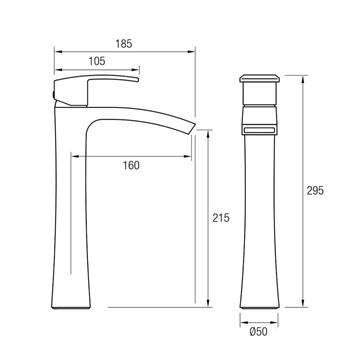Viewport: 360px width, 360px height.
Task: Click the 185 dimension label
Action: pos(124,44)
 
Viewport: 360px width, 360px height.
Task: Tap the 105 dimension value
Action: pos(97,61)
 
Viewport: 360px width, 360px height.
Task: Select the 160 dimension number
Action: pos(131,165)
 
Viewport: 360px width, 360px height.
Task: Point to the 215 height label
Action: pos(221,218)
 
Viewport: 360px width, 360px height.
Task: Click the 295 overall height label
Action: pos(315,191)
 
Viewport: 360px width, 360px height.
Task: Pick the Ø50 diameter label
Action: pos(259,332)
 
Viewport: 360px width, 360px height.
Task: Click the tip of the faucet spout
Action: pos(192,129)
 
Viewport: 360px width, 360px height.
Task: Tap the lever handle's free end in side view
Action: pos(137,79)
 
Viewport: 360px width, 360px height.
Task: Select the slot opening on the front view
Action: pos(259,130)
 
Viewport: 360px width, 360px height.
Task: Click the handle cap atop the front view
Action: pos(259,78)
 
